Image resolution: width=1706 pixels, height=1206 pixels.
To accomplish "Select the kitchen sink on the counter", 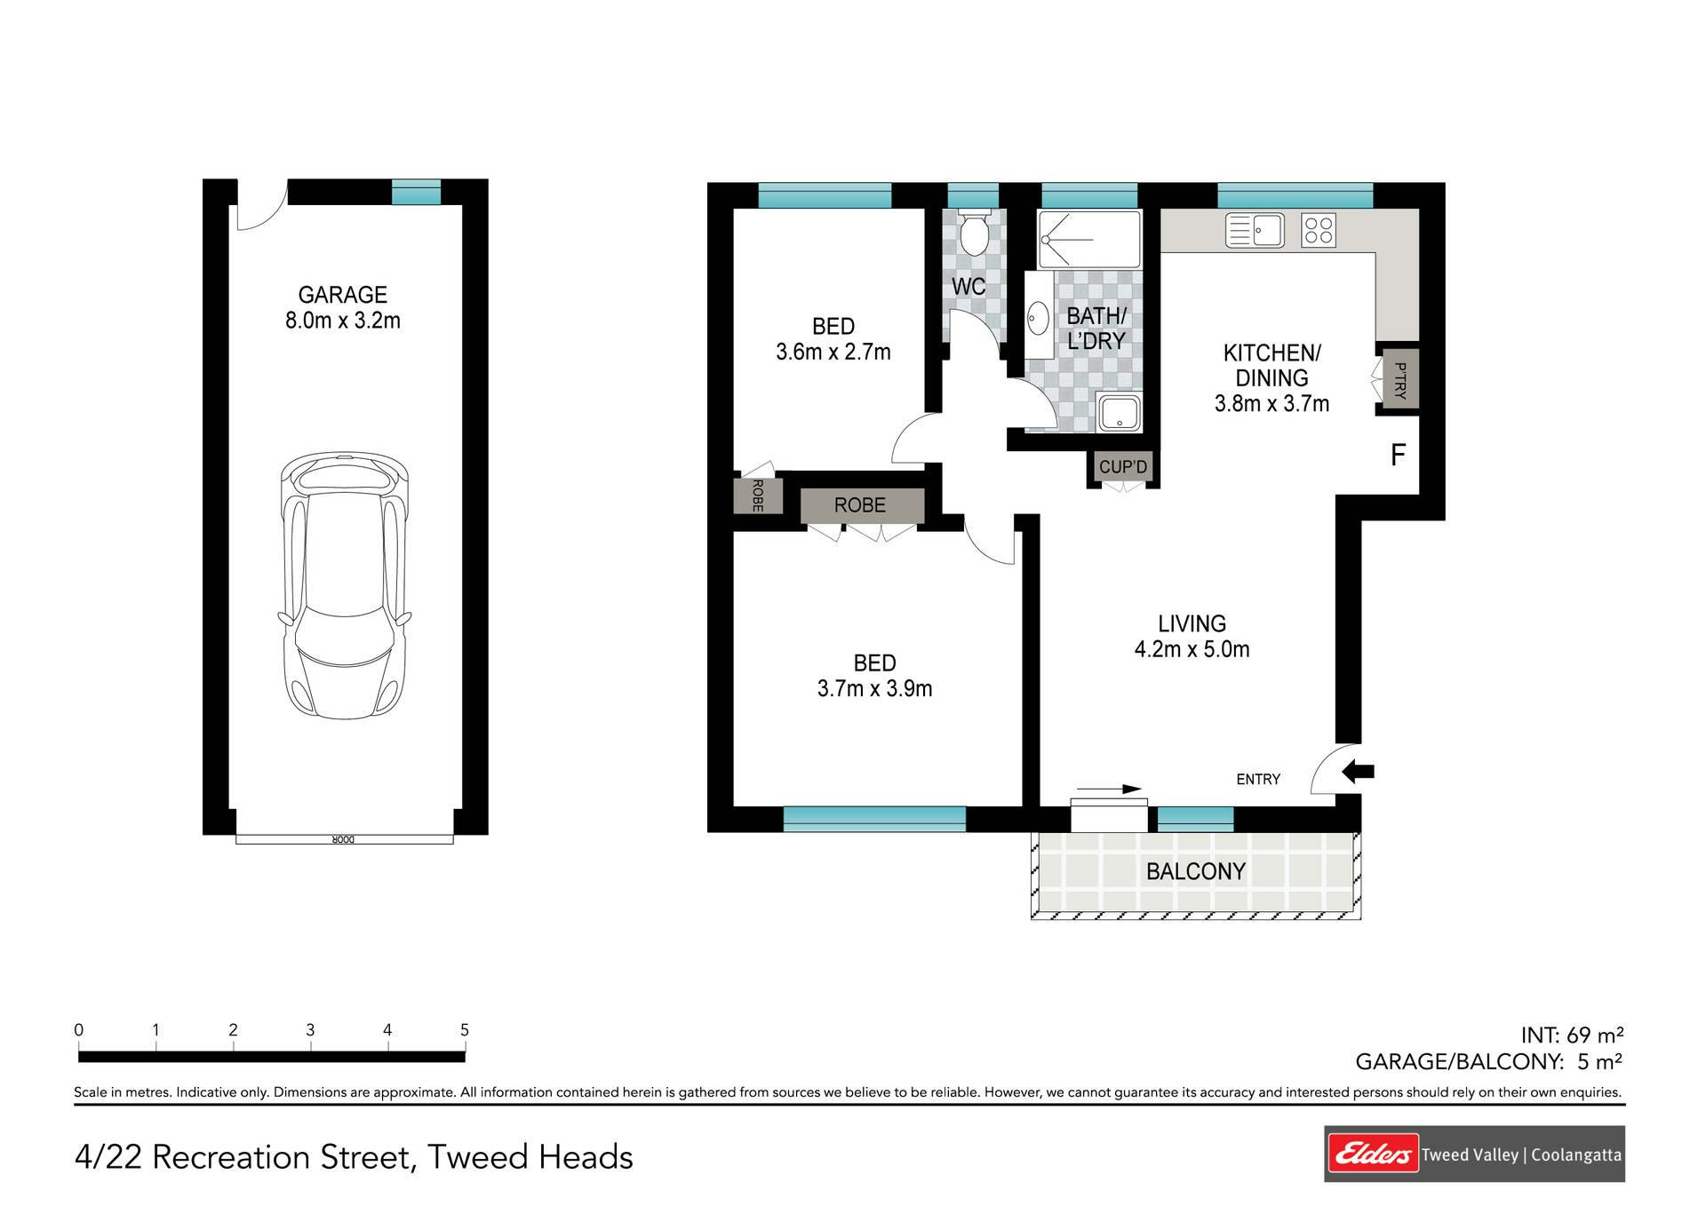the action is click(1255, 230).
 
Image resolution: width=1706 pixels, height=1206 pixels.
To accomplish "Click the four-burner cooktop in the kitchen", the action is click(1319, 230).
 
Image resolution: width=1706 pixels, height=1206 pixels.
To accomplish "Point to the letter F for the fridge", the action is click(1398, 456).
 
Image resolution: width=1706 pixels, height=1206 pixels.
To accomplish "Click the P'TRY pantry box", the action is click(1397, 380).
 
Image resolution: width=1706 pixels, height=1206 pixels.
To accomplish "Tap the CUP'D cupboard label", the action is click(1123, 467).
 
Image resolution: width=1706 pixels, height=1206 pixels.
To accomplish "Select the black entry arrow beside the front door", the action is click(1358, 772).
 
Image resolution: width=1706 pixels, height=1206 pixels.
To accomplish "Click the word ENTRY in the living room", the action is click(1258, 779).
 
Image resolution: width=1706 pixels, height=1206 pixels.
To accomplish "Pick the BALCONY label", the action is click(1195, 871).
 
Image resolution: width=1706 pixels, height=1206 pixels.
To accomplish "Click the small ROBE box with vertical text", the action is click(758, 496).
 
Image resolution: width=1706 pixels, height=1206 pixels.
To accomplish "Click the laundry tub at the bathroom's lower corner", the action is click(1119, 414).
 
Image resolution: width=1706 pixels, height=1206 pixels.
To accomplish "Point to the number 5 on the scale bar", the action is click(465, 1030).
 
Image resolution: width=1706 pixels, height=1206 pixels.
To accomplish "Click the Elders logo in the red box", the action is click(1372, 1154).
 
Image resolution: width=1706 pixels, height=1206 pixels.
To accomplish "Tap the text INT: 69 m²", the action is click(1572, 1035).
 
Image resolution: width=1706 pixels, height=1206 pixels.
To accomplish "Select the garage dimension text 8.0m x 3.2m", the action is click(343, 321).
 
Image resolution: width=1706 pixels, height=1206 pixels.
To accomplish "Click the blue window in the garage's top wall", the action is click(417, 192).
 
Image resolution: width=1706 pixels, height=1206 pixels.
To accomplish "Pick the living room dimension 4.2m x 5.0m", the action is click(1192, 649).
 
